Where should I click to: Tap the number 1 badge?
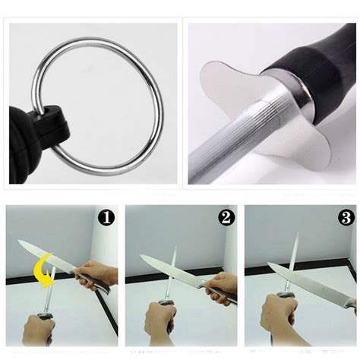pyautogui.click(x=106, y=218)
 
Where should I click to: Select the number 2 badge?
pyautogui.click(x=225, y=218)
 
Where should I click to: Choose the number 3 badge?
pyautogui.click(x=346, y=218)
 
